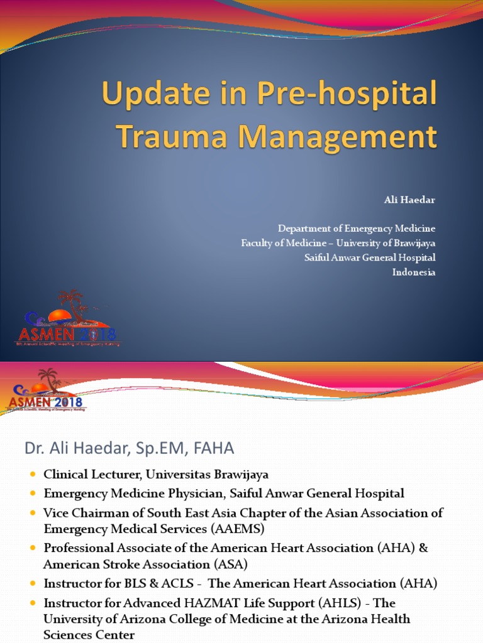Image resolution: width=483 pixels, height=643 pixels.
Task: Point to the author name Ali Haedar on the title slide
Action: coord(409,200)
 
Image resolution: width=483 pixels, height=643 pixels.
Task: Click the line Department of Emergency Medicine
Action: coord(357,228)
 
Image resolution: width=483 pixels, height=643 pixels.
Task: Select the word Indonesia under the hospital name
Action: coord(414,272)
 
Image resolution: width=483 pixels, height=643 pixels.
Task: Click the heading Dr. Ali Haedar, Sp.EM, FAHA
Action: coord(129,448)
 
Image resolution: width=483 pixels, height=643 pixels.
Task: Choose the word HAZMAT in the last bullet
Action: coord(189,603)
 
